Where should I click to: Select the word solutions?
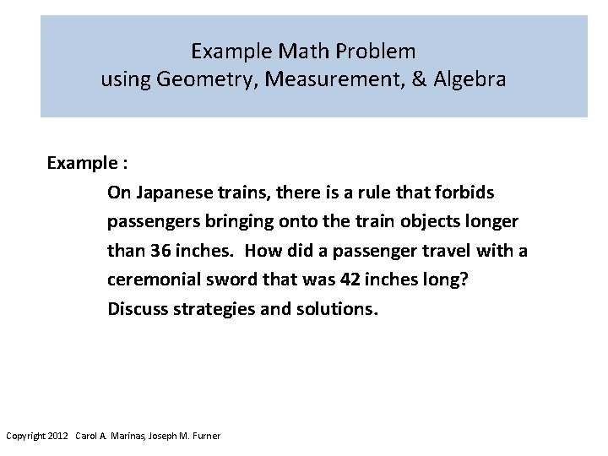click(x=338, y=308)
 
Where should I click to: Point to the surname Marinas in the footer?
click(x=128, y=436)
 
